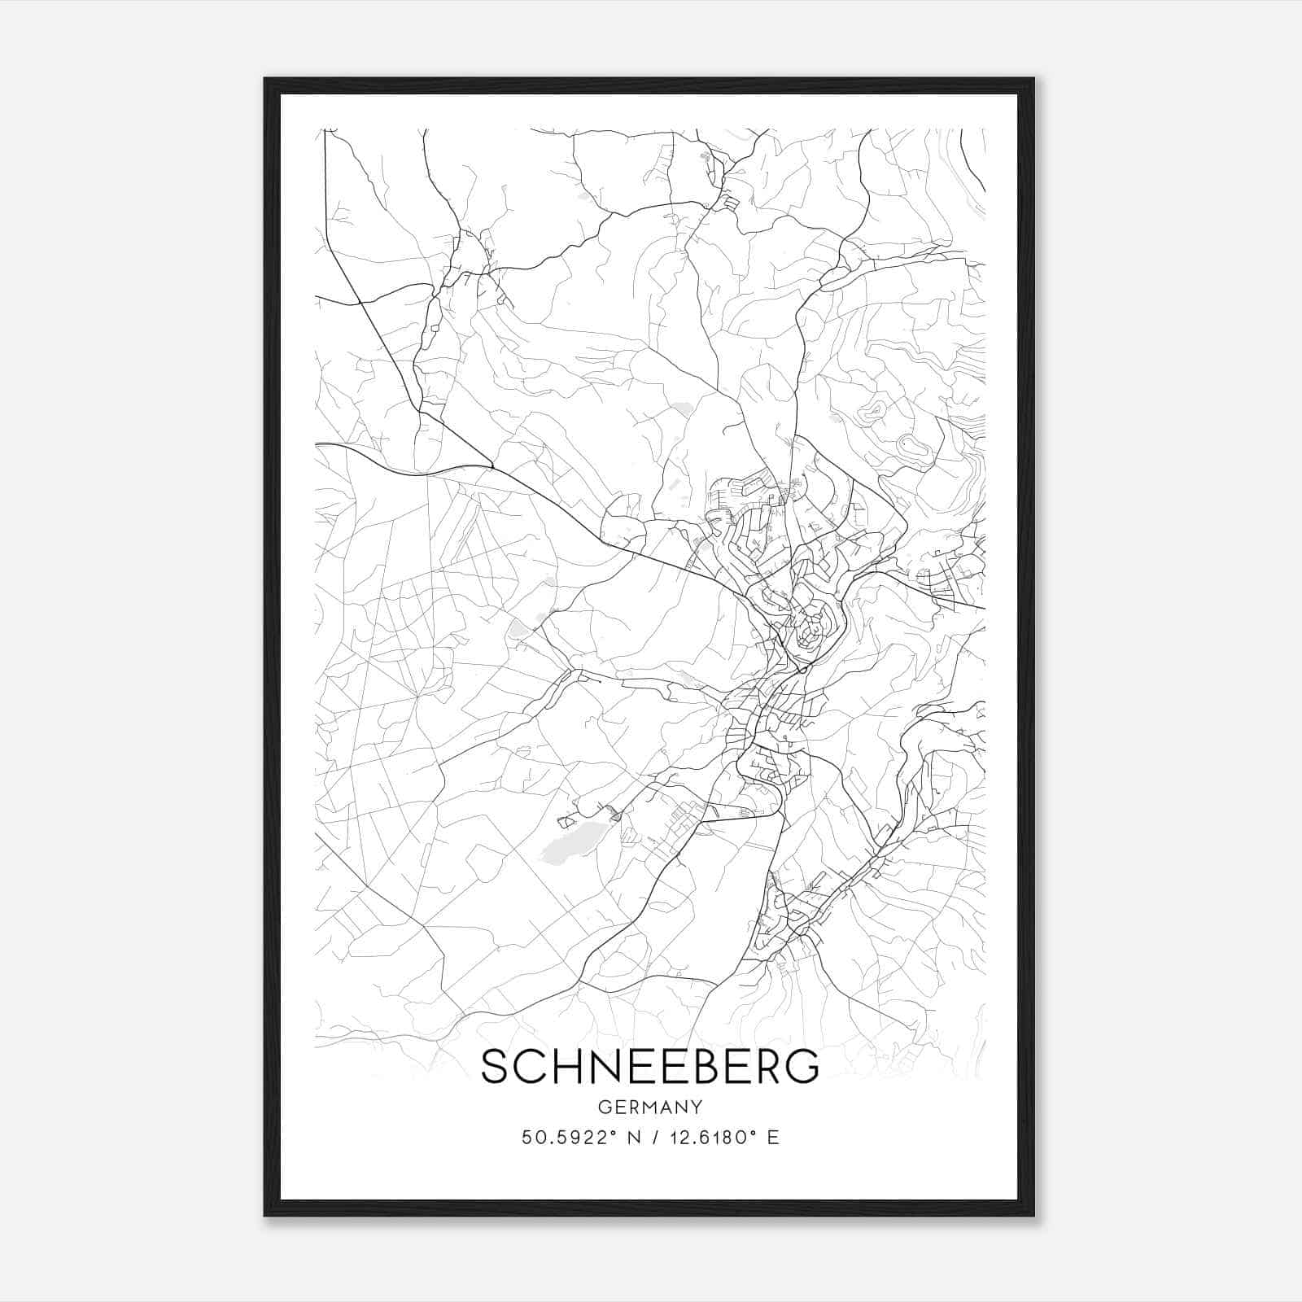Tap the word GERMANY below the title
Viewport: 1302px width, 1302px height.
pos(649,1107)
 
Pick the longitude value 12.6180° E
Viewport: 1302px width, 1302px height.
pos(723,1138)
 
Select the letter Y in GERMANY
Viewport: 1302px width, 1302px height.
pos(697,1107)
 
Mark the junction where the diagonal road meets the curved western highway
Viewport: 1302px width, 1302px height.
pos(492,467)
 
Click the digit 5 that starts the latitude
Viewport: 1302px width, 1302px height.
pos(526,1138)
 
